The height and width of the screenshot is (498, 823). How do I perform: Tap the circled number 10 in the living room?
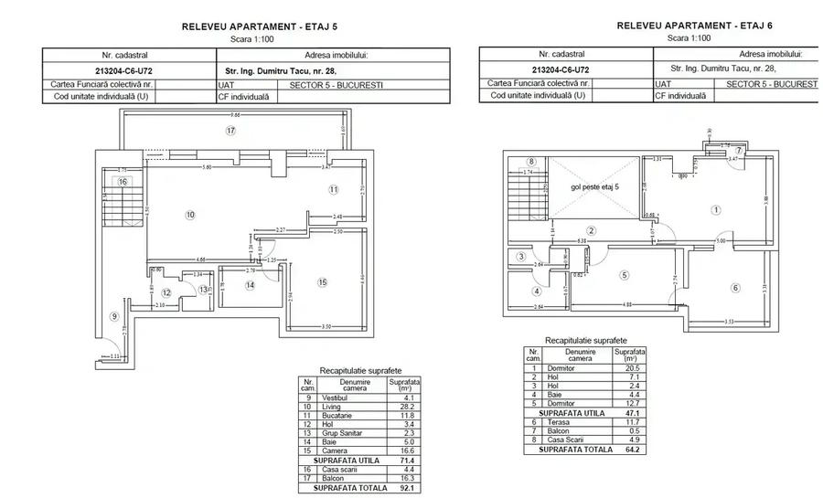pos(191,215)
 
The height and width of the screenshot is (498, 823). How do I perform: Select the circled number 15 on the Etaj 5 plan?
pos(322,282)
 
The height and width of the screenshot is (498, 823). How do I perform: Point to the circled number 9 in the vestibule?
pos(115,317)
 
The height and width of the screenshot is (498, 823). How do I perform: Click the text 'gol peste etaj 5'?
pos(595,186)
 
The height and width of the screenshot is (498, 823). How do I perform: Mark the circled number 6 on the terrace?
pos(735,288)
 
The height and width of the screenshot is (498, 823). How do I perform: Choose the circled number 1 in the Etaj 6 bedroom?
pos(716,208)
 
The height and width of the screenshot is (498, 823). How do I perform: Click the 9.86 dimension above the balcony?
pos(235,115)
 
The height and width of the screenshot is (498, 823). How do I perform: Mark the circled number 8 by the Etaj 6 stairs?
pos(531,162)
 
